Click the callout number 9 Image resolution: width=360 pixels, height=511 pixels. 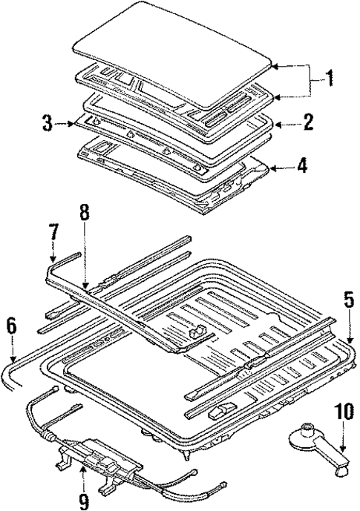[83, 502]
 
